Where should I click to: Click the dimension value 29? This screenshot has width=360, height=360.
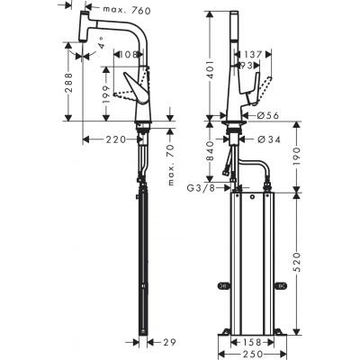[168, 340]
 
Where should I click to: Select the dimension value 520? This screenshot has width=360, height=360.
[294, 268]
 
